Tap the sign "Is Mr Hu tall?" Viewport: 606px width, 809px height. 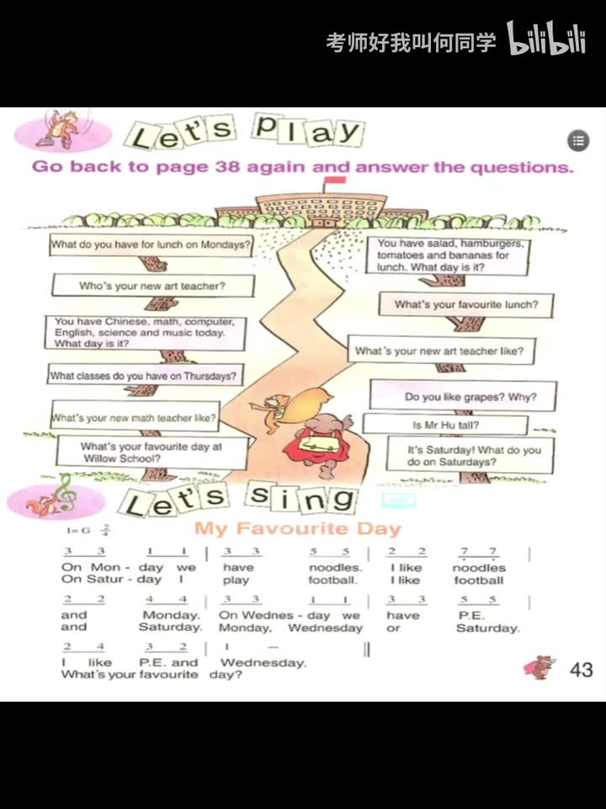tap(445, 425)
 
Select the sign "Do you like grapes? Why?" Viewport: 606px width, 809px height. tap(469, 396)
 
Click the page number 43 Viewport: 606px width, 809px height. tap(581, 670)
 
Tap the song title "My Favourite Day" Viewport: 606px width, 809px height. tap(298, 529)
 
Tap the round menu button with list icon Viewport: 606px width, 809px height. tap(577, 141)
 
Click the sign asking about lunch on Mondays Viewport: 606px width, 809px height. tap(151, 245)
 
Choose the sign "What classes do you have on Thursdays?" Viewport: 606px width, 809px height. tap(143, 376)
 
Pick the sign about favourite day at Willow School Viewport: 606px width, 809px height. tap(151, 453)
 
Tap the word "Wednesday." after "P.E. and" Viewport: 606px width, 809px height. tap(263, 662)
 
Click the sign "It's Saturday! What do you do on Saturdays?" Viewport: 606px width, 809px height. tap(473, 456)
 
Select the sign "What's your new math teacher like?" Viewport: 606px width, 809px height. tap(135, 417)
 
